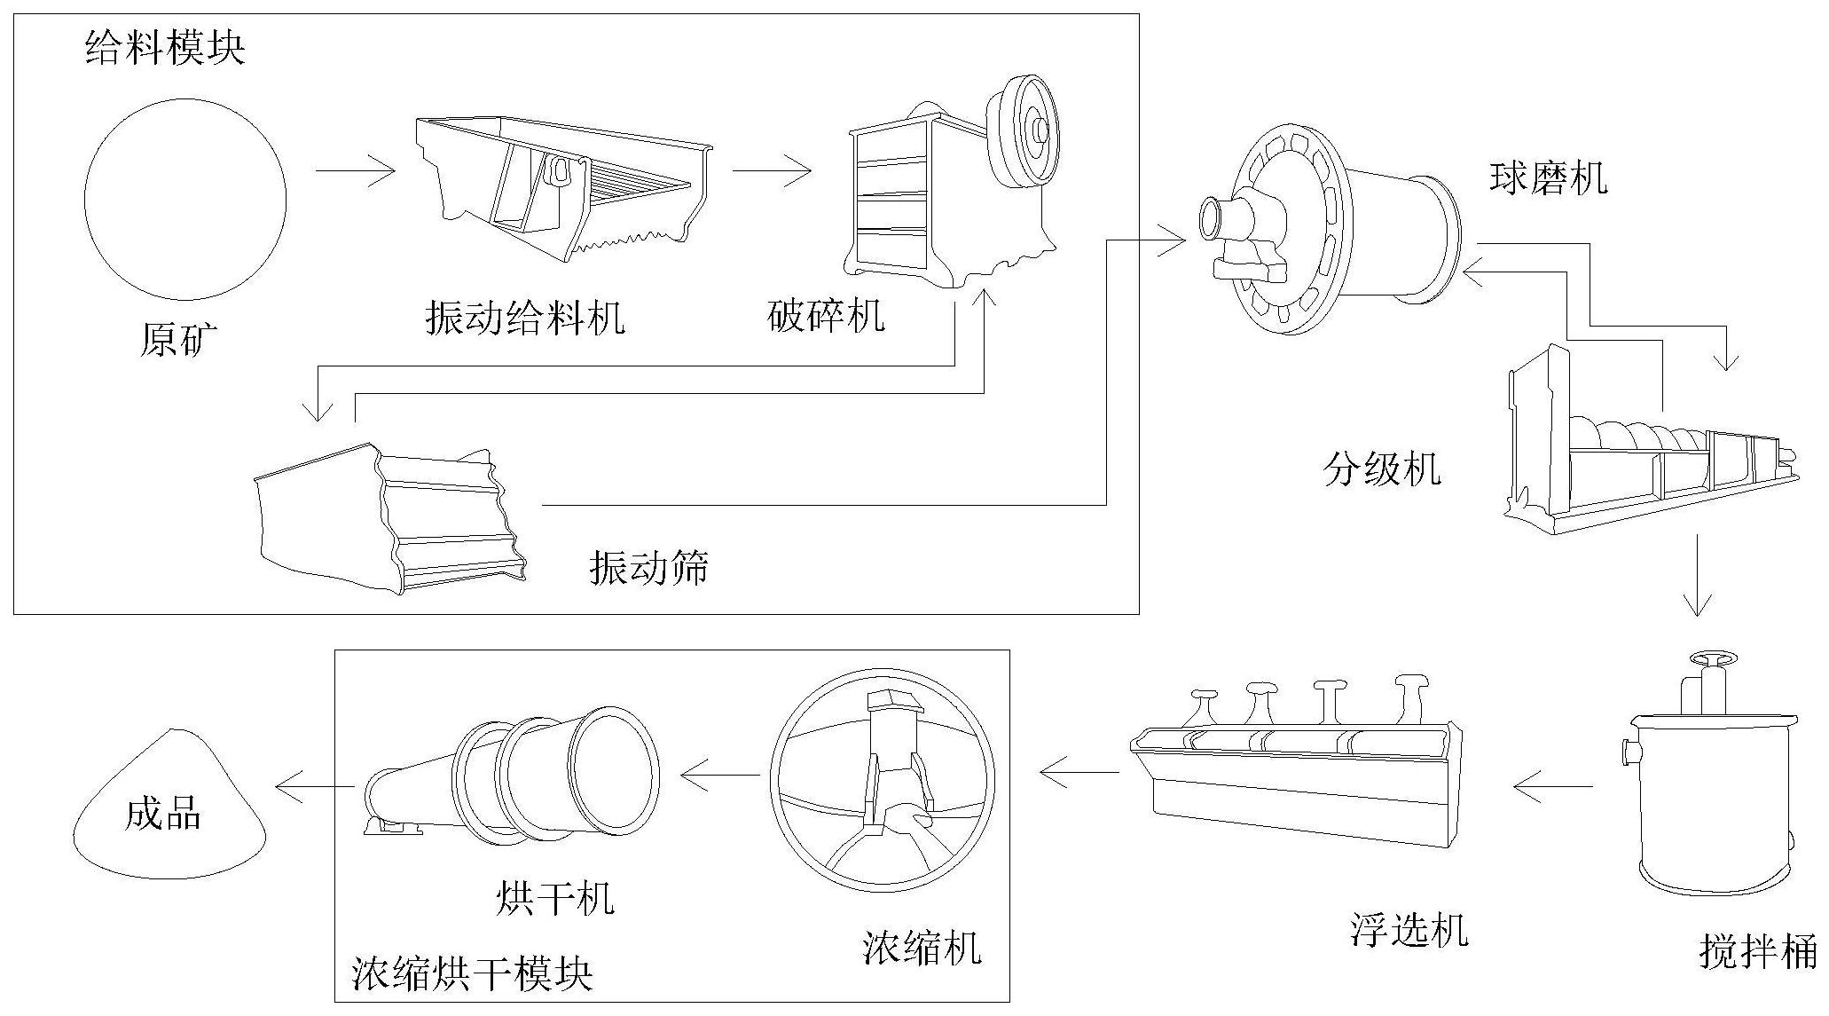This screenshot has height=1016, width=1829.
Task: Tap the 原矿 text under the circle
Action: pos(179,340)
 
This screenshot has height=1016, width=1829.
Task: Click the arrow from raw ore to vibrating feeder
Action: pos(355,170)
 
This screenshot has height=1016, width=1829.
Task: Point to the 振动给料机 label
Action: pos(525,317)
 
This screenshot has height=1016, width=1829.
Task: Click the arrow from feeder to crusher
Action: pos(772,170)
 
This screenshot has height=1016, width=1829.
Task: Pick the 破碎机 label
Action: pos(826,316)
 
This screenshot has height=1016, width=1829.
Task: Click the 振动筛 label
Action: pos(649,567)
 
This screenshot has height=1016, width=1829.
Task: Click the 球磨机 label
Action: pos(1547,177)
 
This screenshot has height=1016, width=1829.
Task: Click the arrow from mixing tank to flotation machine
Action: pos(1552,785)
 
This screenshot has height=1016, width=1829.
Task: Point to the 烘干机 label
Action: pos(554,898)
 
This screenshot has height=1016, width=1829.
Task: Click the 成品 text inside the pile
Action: pos(163,813)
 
